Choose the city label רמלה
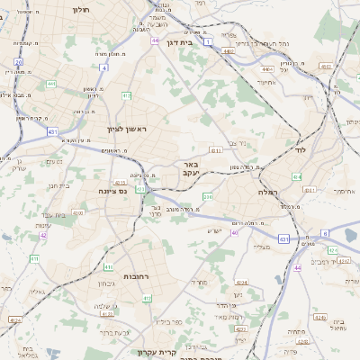pos(269,192)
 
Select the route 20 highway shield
pos(19,61)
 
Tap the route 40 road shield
pos(234,232)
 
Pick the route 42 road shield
pos(42,235)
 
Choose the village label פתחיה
pos(295,332)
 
